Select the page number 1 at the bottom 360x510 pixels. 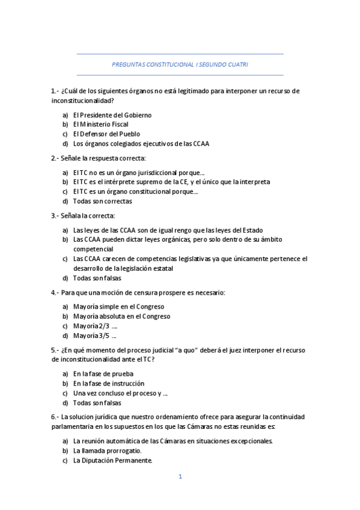coord(180,477)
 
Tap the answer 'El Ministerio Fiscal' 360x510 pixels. coord(100,124)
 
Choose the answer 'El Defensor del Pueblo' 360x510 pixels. coord(106,134)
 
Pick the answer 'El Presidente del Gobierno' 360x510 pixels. coord(112,115)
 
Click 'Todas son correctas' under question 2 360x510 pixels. coord(102,201)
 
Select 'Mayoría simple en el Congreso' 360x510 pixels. coord(118,307)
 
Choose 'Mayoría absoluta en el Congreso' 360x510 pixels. coord(121,316)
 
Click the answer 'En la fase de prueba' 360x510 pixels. coord(103,373)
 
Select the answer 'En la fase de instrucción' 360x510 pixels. coord(109,383)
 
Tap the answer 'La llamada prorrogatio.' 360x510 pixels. coord(108,450)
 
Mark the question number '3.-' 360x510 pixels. coord(55,216)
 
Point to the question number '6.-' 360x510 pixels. coord(55,417)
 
